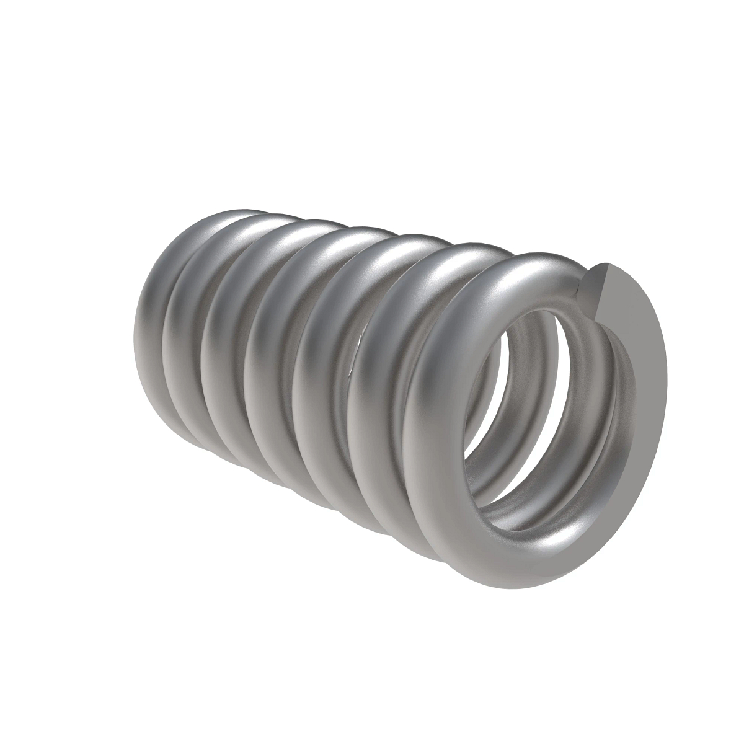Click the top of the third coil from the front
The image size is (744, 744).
pyautogui.click(x=415, y=242)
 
